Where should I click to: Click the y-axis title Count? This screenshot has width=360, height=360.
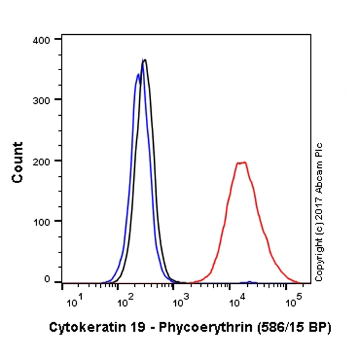pyautogui.click(x=17, y=162)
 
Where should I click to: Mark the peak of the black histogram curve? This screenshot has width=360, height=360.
pyautogui.click(x=145, y=59)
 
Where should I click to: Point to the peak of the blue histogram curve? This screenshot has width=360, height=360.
pyautogui.click(x=138, y=74)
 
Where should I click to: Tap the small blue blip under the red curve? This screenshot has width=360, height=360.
pyautogui.click(x=248, y=281)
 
